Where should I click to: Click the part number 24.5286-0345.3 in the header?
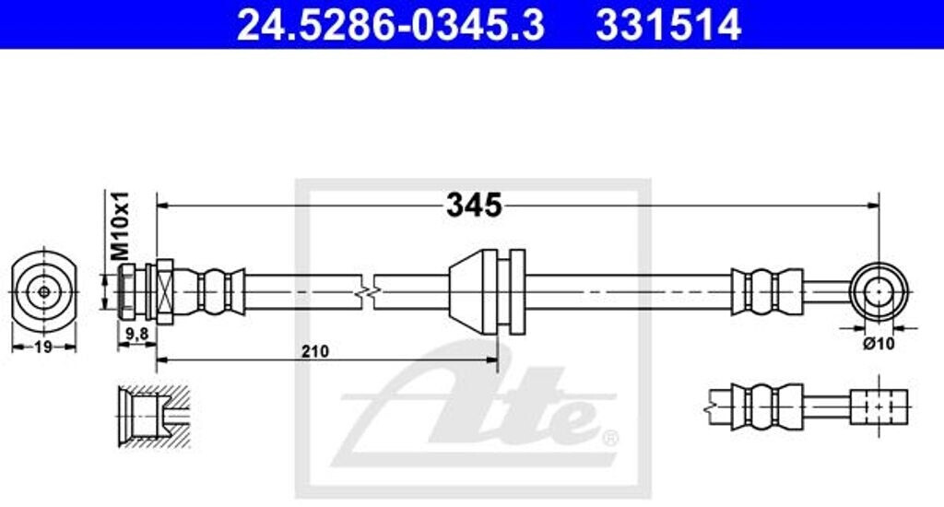coord(391,25)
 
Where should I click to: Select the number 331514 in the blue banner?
coord(668,25)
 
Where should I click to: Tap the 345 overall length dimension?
coord(474,206)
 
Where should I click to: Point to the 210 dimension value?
coord(315,351)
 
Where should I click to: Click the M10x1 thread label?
coord(121,225)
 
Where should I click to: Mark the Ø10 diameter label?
coord(879,344)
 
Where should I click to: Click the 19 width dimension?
coord(42,347)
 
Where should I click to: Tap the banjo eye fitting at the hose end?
coord(879,292)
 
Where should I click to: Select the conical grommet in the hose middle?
coord(474,292)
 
